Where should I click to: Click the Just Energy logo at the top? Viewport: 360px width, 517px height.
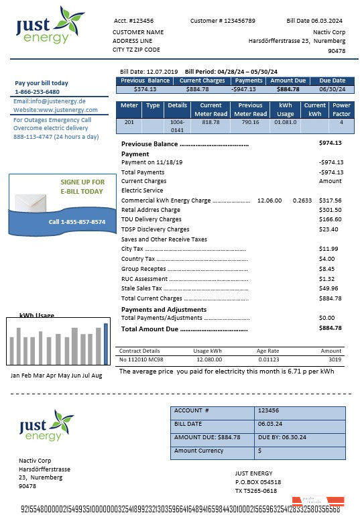click(50, 25)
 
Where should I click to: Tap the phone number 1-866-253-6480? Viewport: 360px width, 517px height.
click(37, 92)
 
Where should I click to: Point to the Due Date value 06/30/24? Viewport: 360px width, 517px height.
click(332, 89)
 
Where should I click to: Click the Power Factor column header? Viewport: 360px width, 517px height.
click(341, 109)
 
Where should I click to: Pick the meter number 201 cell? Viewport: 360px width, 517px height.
click(129, 122)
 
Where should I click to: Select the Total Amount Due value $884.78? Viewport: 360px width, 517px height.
click(331, 328)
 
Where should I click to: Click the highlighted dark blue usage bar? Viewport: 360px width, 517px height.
click(105, 343)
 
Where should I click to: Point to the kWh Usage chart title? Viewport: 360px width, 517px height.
click(37, 315)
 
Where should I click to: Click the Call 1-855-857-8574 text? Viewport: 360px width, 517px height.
click(77, 222)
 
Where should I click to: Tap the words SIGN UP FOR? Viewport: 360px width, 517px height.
click(82, 182)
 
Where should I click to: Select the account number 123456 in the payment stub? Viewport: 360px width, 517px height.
click(268, 410)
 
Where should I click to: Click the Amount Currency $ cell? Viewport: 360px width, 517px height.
click(260, 451)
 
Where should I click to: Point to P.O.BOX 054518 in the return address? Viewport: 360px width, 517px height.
click(258, 481)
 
